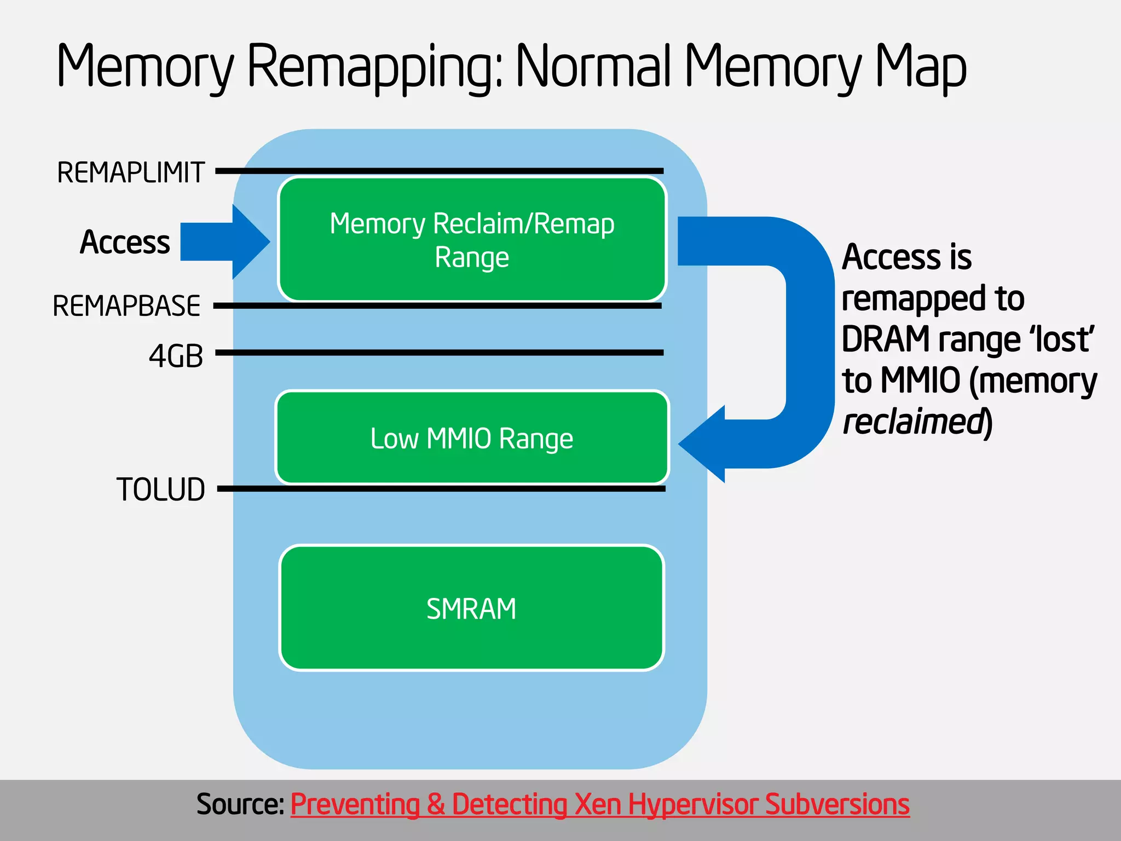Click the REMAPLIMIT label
click(131, 172)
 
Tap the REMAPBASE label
click(126, 306)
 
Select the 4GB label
click(176, 356)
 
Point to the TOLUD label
click(160, 489)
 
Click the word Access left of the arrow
click(125, 242)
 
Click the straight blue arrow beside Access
click(222, 241)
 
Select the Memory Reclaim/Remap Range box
click(472, 239)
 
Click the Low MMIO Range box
click(472, 437)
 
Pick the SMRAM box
click(472, 608)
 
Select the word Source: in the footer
click(240, 804)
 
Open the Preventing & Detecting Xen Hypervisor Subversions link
click(599, 804)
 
